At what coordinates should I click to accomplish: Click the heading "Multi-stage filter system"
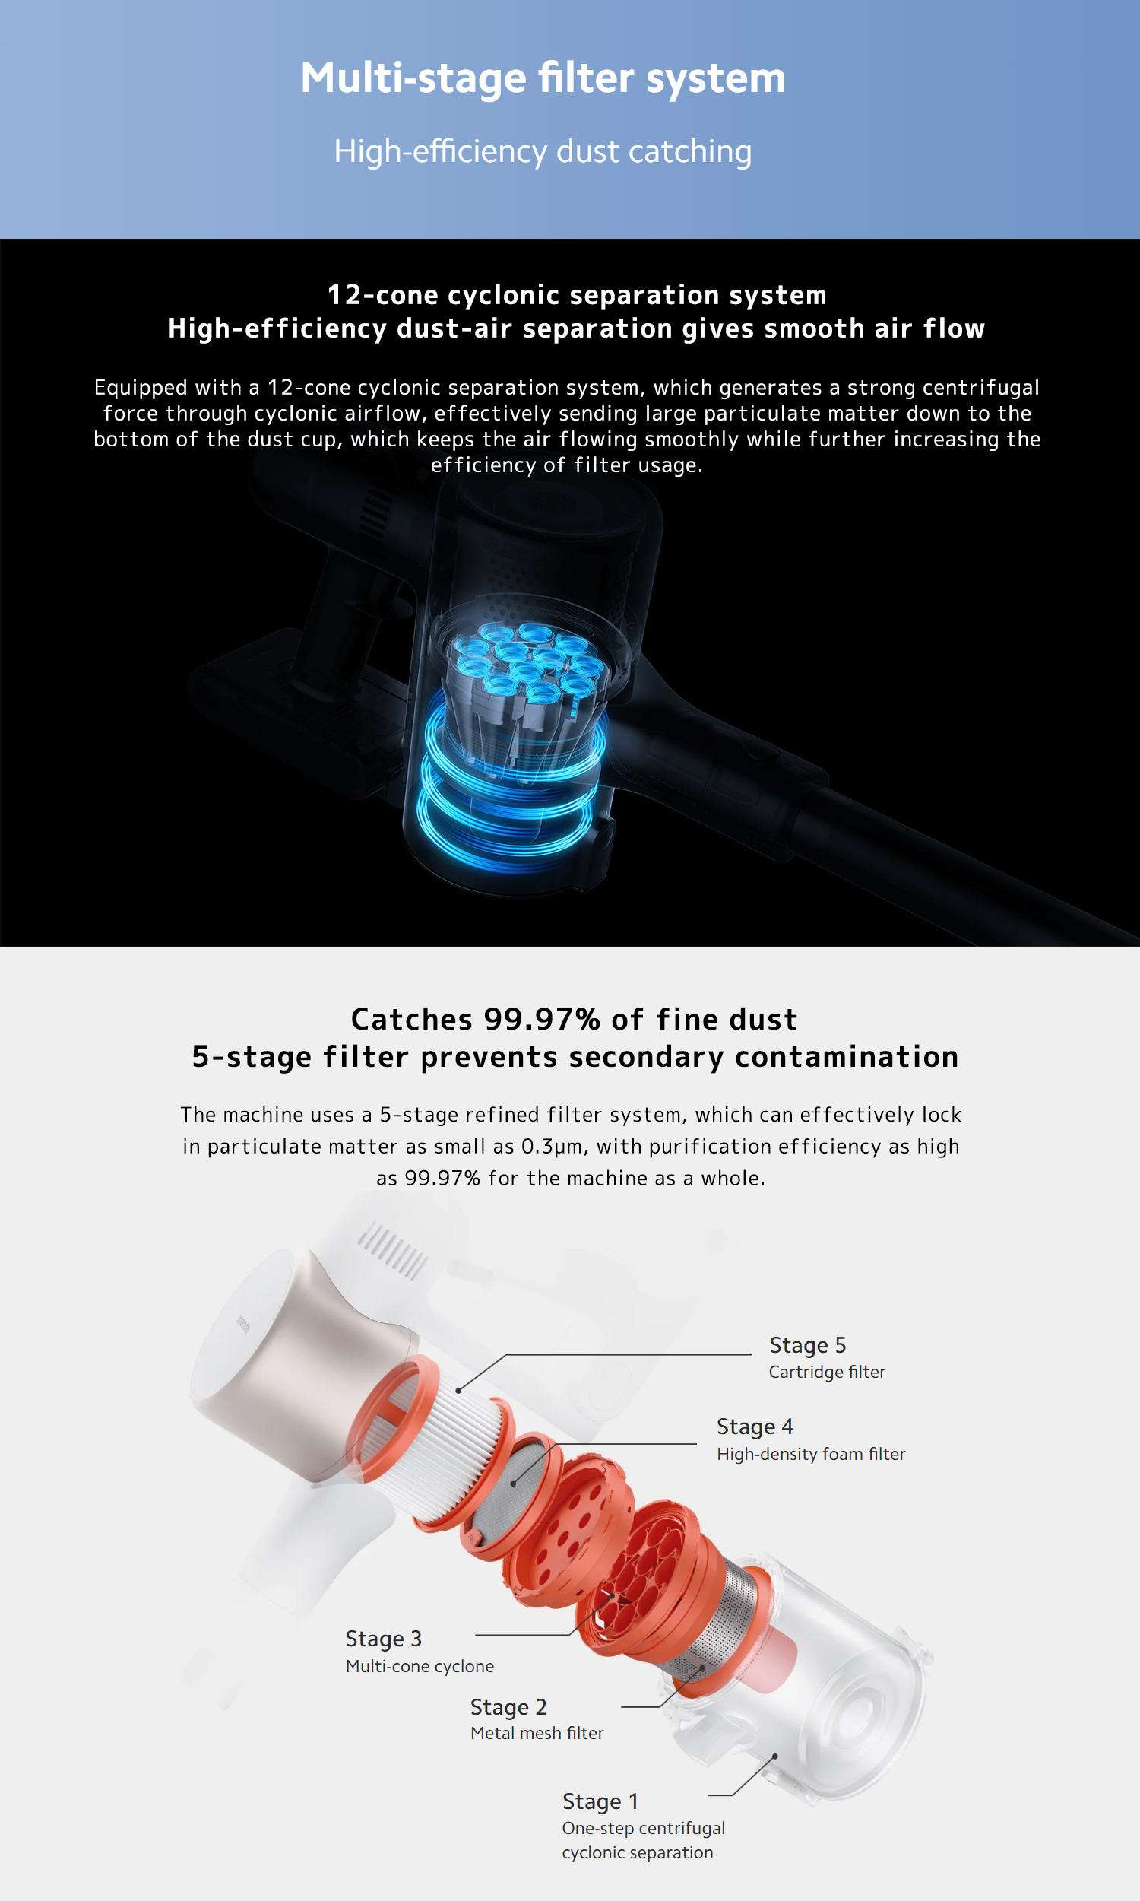pos(543,78)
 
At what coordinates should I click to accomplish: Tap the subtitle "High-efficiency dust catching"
pos(543,151)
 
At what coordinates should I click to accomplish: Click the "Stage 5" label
pos(807,1345)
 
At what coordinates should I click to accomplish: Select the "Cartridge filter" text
pos(828,1373)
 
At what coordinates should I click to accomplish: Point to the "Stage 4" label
pos(755,1427)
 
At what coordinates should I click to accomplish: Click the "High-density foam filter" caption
pos(811,1454)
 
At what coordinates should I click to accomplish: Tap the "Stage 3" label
pos(383,1639)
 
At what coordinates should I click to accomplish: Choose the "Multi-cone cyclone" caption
pos(420,1666)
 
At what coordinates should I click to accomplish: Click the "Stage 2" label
pos(508,1707)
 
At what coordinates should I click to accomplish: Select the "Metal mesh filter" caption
pos(537,1734)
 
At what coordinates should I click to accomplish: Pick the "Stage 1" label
pos(600,1802)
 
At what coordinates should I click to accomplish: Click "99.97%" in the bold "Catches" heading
pos(543,1020)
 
